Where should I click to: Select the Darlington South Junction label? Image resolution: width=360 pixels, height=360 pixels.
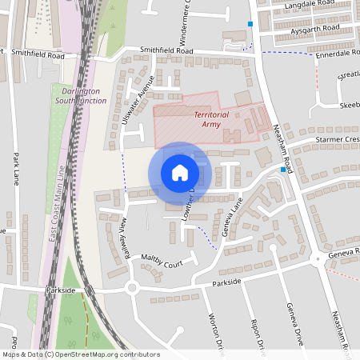pyautogui.click(x=80, y=96)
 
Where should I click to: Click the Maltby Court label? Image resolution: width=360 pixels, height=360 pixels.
pyautogui.click(x=162, y=262)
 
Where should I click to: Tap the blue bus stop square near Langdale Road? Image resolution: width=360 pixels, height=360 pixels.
pyautogui.click(x=250, y=24)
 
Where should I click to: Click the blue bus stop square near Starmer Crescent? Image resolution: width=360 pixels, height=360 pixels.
pyautogui.click(x=283, y=170)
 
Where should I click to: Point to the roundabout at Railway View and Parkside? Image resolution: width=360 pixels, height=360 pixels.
pyautogui.click(x=133, y=288)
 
